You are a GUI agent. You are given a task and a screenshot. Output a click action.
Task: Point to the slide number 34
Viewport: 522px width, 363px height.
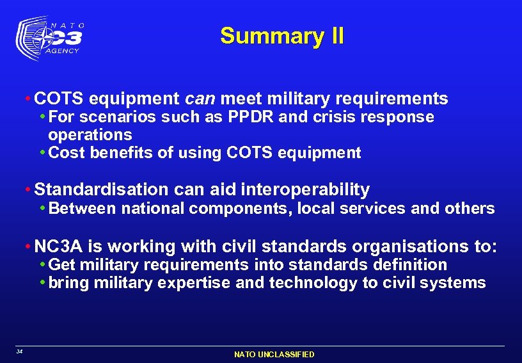coord(20,351)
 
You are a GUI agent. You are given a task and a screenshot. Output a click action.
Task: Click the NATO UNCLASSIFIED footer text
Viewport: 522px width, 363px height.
coord(274,354)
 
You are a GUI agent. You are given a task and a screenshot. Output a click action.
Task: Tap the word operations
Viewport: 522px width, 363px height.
coord(90,135)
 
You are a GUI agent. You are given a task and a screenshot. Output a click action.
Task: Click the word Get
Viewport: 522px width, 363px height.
coord(61,265)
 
